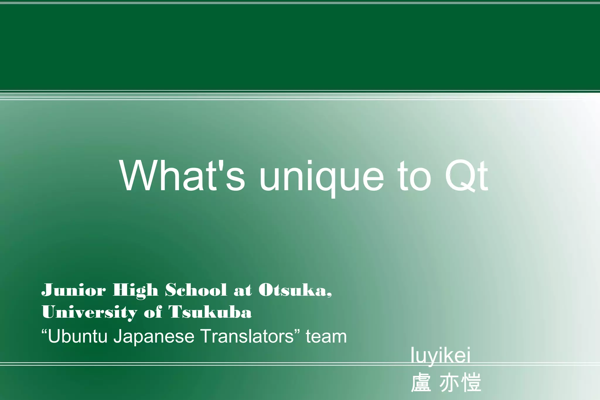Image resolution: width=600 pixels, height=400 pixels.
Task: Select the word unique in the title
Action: pos(321,177)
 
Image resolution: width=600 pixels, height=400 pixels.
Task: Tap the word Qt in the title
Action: pos(466,176)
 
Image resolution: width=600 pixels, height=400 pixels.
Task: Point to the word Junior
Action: pos(74,290)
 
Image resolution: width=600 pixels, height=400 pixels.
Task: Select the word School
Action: pos(196,290)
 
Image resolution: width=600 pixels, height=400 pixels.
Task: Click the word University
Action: pos(89,312)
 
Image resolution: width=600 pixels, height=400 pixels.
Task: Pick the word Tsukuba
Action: pos(210,312)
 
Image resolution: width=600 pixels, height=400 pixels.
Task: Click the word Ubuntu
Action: pos(78,336)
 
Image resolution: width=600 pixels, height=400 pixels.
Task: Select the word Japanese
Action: pos(154,337)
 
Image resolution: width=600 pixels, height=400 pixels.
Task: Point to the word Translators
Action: pos(248,336)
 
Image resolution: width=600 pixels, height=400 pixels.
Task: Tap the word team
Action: pos(326,336)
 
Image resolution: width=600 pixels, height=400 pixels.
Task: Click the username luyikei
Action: pos(440,355)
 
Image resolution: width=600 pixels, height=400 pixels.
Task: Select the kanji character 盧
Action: pos(421,382)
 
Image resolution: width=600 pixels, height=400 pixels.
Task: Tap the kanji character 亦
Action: pos(449,382)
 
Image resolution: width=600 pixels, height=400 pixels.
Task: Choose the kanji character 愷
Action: pos(471,382)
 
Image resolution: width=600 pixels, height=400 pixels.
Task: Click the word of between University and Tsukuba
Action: pos(153,312)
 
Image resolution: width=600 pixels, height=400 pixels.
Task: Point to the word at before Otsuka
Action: pos(243,290)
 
